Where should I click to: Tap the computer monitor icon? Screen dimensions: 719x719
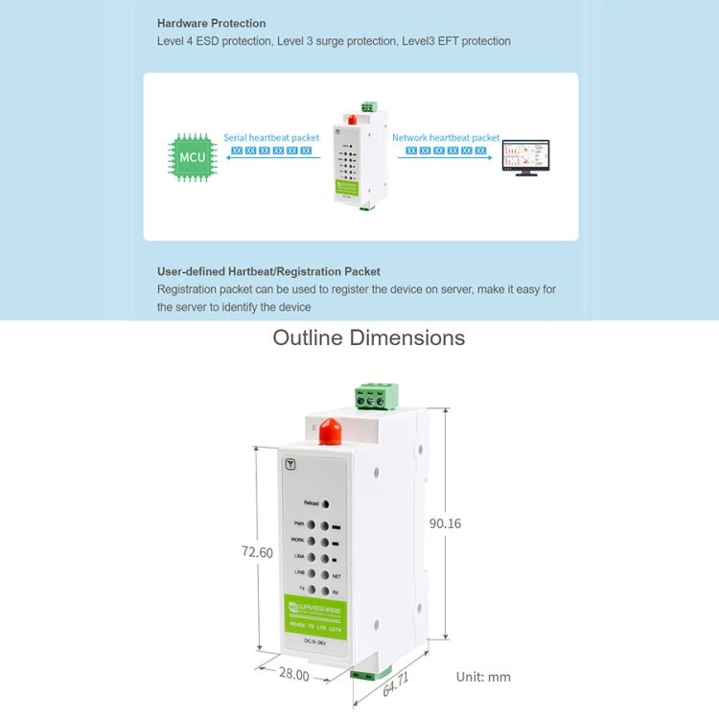coord(526,157)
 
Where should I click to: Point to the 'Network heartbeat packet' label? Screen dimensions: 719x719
coord(446,138)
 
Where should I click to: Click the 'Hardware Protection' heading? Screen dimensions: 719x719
coord(212,23)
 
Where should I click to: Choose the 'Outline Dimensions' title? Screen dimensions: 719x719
coord(369,337)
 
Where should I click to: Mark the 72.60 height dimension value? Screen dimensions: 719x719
coord(256,552)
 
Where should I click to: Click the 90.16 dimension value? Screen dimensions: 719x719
coord(445,523)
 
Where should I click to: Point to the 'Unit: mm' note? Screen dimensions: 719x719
coord(483,677)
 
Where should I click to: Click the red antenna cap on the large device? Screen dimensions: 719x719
coord(330,431)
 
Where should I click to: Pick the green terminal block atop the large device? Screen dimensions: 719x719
coord(377,396)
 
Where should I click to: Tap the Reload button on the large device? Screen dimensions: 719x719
coord(326,503)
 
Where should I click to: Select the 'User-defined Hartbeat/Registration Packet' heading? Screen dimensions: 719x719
coord(268,271)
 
